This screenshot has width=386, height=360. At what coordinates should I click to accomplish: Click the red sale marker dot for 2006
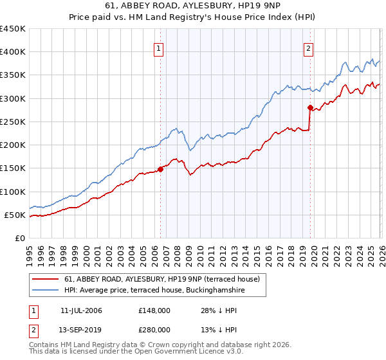(x=160, y=169)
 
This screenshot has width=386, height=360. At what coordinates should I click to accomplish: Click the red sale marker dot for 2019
(x=310, y=108)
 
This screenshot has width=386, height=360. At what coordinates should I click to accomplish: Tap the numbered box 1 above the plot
(x=159, y=48)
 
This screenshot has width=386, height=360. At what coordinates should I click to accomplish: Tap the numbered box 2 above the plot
(x=309, y=48)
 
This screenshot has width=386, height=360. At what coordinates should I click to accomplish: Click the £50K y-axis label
(x=15, y=215)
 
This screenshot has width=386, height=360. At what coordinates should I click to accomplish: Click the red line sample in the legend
(x=46, y=279)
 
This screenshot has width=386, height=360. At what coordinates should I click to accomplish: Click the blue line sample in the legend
(x=46, y=291)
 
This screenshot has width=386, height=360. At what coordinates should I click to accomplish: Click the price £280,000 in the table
(x=154, y=329)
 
